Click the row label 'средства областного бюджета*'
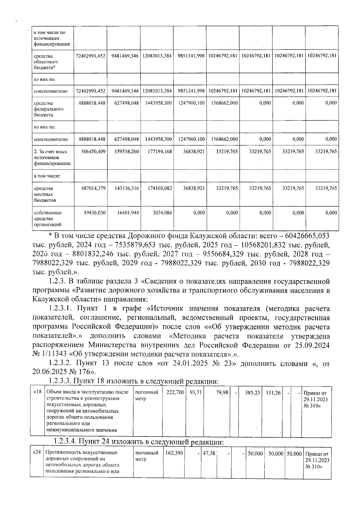coord(45,62)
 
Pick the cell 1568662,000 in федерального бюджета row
coord(223,103)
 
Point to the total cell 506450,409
coord(93,151)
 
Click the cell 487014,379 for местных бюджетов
coord(93,188)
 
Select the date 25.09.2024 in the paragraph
coord(312,345)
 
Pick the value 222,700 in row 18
coord(175,392)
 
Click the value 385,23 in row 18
coord(252,392)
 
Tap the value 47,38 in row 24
coord(209,453)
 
